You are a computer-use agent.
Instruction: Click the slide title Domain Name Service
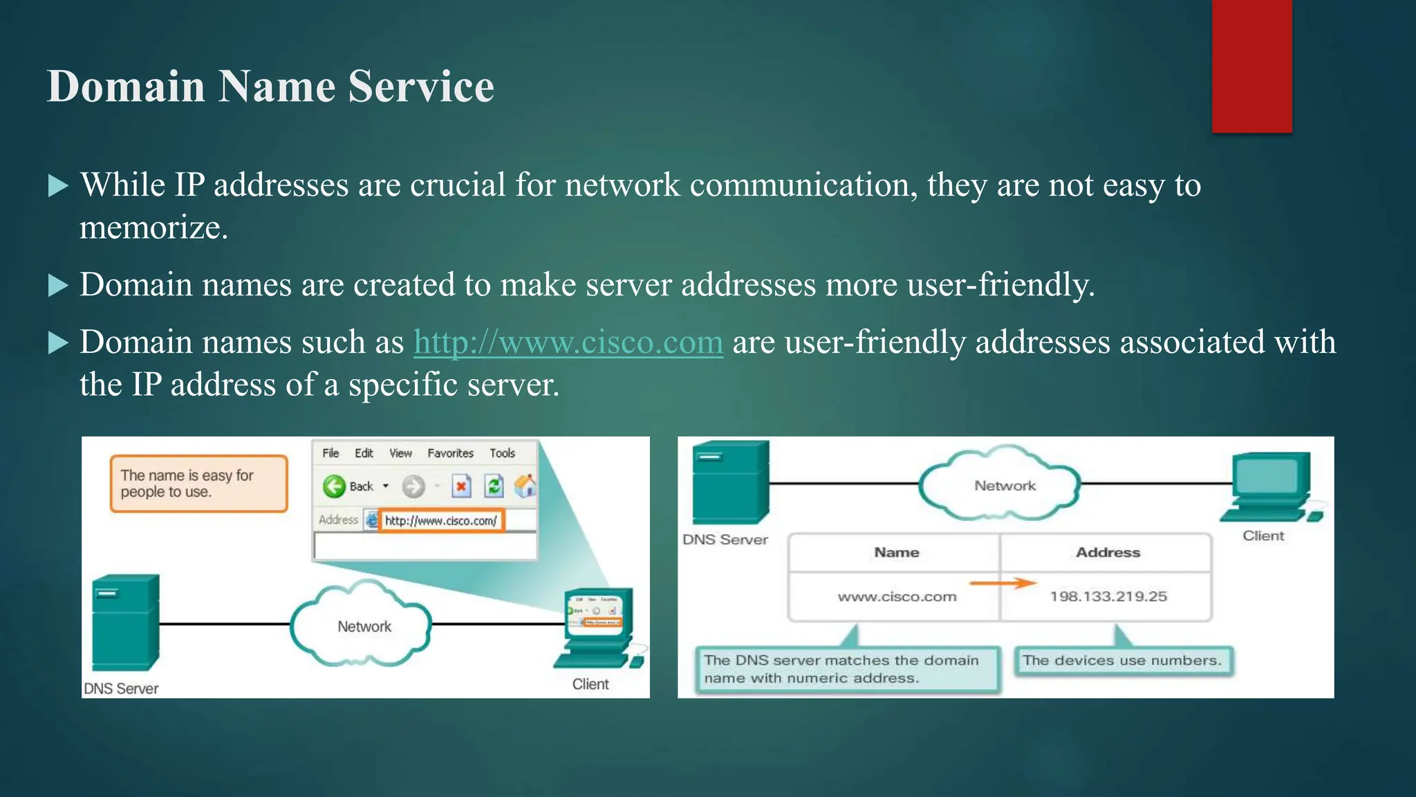(x=270, y=86)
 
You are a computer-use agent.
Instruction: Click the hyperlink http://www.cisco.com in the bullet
(x=568, y=342)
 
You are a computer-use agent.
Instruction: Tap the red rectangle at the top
(x=1251, y=66)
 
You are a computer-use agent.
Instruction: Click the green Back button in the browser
(x=335, y=486)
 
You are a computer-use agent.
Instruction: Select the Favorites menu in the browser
(x=450, y=453)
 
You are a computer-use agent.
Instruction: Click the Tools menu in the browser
(x=503, y=453)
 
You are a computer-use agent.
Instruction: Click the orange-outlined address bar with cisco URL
(x=440, y=520)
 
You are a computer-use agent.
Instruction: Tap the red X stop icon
(x=461, y=486)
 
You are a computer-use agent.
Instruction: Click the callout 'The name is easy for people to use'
(x=198, y=484)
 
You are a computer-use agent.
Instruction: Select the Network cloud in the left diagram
(x=362, y=625)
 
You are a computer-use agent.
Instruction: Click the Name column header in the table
(x=896, y=552)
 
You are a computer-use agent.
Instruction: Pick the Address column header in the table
(x=1108, y=552)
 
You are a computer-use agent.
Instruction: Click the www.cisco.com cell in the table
(x=897, y=596)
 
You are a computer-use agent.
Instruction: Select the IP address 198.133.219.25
(x=1108, y=596)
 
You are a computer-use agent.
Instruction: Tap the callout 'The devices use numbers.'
(x=1122, y=661)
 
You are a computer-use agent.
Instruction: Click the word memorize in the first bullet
(x=153, y=228)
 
